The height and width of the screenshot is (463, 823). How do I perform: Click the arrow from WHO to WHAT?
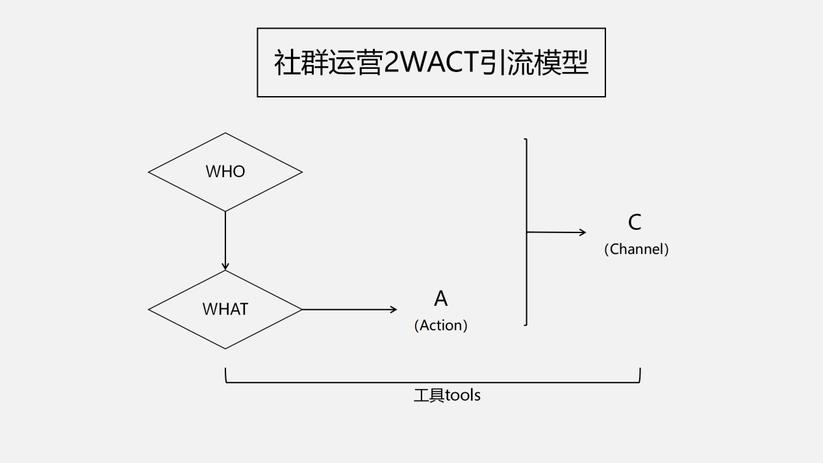225,240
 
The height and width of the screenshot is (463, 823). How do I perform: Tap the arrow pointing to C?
556,232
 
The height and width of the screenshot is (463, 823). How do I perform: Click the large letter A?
441,299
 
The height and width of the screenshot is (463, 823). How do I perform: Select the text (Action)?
441,325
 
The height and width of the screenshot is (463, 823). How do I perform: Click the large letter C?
635,223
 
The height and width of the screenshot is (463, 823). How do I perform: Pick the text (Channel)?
637,249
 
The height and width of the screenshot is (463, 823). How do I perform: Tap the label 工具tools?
447,395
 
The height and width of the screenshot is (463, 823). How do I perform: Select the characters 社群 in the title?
300,63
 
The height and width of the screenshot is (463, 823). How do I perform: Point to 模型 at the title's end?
562,63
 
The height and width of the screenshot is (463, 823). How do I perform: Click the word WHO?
225,171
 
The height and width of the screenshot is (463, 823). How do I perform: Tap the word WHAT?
225,309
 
